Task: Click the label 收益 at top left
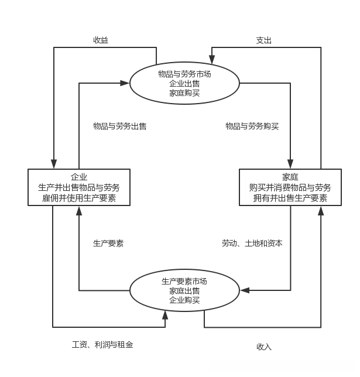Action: click(x=101, y=40)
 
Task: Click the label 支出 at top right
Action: click(x=263, y=40)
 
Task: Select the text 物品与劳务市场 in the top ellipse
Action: click(x=184, y=74)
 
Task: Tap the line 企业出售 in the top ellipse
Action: click(x=184, y=83)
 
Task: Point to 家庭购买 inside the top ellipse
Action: click(x=184, y=92)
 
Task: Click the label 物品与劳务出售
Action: click(x=120, y=126)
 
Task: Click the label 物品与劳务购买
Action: click(x=252, y=126)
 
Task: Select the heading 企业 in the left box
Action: click(x=79, y=177)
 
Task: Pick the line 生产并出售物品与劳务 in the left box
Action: click(x=79, y=187)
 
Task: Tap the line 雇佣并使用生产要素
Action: click(x=79, y=198)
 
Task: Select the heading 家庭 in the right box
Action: click(x=290, y=177)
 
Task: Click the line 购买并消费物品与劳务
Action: click(x=290, y=187)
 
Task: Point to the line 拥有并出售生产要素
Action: click(x=290, y=198)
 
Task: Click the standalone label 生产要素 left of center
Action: click(x=108, y=243)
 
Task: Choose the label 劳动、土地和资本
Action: click(x=252, y=243)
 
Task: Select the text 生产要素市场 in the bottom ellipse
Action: click(x=184, y=281)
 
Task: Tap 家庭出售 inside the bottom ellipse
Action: click(x=184, y=290)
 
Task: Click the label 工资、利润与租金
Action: click(x=98, y=345)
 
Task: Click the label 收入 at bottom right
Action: click(x=264, y=347)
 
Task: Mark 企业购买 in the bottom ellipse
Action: click(x=184, y=300)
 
